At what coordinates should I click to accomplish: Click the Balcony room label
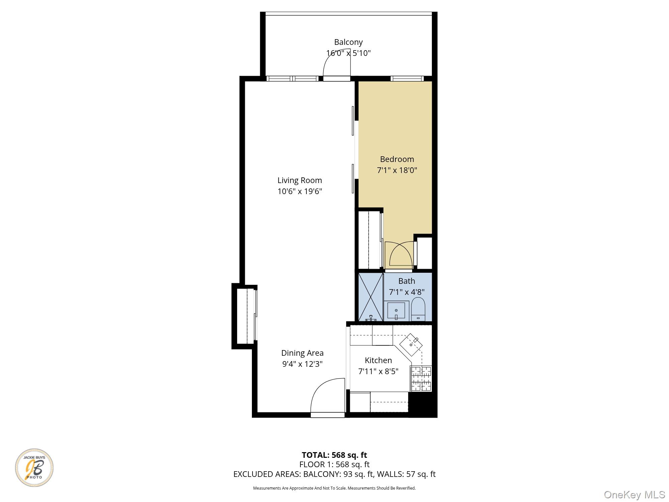click(x=348, y=42)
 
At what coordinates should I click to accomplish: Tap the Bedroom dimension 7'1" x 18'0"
click(x=397, y=170)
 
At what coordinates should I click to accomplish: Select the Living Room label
click(x=299, y=180)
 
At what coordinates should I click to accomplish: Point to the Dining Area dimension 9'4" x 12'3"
click(x=302, y=364)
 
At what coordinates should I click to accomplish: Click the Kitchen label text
click(x=378, y=360)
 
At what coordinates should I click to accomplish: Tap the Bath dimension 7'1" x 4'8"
click(x=406, y=292)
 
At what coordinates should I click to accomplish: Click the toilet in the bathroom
click(x=418, y=309)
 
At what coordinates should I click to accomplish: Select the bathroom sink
click(x=396, y=311)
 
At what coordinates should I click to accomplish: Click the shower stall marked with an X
click(x=371, y=297)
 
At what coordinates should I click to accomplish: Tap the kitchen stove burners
click(x=421, y=379)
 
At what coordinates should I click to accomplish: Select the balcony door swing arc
click(x=336, y=65)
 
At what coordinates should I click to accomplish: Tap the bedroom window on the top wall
click(x=407, y=79)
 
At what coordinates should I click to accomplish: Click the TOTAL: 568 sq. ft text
click(x=334, y=455)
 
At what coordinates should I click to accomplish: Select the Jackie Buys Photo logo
click(x=34, y=468)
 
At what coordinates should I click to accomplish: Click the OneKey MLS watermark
click(x=634, y=494)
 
